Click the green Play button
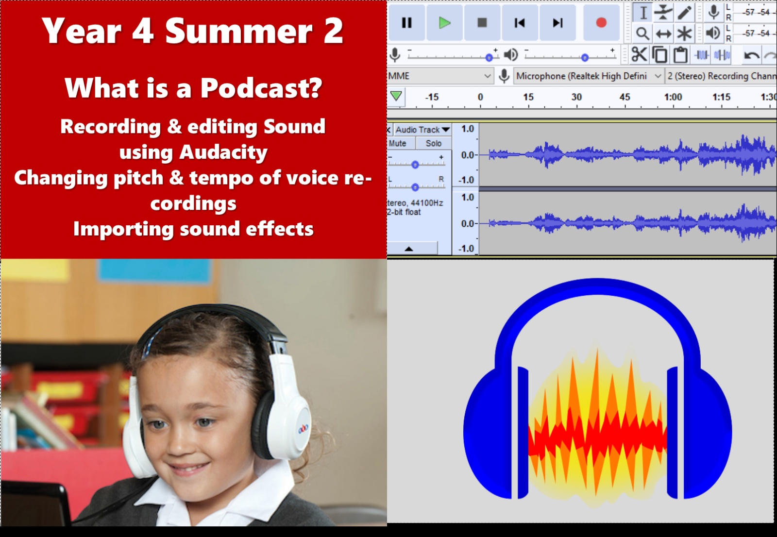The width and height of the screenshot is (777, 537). pyautogui.click(x=444, y=23)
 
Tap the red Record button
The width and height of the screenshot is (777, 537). pyautogui.click(x=601, y=23)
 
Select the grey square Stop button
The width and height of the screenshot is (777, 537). pyautogui.click(x=482, y=23)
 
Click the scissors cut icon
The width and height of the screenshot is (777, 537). pyautogui.click(x=639, y=55)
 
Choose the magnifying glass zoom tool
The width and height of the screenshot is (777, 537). pyautogui.click(x=642, y=34)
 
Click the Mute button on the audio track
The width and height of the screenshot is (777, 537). pyautogui.click(x=398, y=143)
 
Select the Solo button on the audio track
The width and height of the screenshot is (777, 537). pyautogui.click(x=434, y=143)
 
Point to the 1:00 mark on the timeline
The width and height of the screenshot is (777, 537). pyautogui.click(x=673, y=97)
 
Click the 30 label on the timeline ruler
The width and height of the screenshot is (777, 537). pyautogui.click(x=576, y=97)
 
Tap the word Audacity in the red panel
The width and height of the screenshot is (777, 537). pyautogui.click(x=223, y=152)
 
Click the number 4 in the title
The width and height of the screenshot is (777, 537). pyautogui.click(x=143, y=31)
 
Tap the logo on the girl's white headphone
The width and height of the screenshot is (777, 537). pyautogui.click(x=304, y=428)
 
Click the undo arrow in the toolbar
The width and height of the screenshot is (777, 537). pyautogui.click(x=751, y=55)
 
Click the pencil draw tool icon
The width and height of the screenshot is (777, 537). pyautogui.click(x=684, y=13)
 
